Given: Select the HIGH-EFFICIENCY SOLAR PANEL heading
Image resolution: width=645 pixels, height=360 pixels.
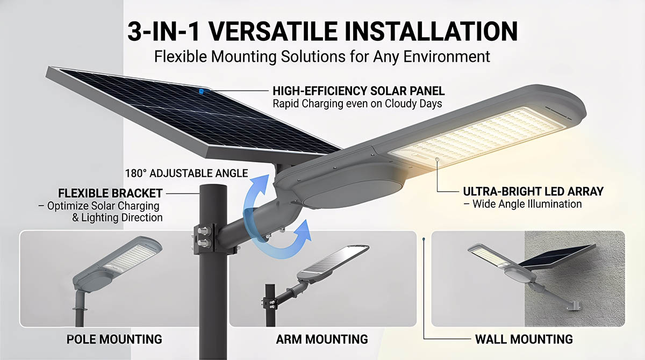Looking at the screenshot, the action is [359, 91].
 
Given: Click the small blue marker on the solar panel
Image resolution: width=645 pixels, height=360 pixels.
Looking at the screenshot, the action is [202, 91].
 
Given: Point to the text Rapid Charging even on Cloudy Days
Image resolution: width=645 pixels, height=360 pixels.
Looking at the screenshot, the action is [357, 104].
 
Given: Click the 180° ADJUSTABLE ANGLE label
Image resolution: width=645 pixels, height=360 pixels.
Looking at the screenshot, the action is [187, 173].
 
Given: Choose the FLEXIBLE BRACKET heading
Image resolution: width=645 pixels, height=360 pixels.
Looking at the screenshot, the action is [110, 193].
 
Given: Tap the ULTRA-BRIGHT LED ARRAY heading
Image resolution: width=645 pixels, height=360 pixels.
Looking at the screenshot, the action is [533, 192].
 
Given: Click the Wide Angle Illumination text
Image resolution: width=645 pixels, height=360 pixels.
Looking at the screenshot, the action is [527, 204].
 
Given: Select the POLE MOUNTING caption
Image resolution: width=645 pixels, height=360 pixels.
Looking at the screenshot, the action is [114, 339].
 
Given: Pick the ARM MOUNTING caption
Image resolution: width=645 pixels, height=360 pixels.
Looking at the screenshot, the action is [322, 339].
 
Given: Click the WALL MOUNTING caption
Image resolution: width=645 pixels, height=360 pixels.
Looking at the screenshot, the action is [524, 339].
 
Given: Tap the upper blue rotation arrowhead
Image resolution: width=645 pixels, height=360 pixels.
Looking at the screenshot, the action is [260, 184].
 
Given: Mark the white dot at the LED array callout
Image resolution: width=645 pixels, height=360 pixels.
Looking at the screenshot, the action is [438, 159].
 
